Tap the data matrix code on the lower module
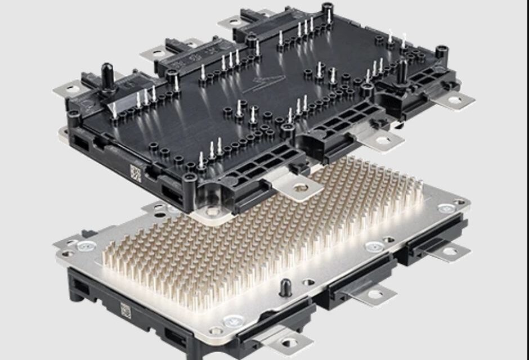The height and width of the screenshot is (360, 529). (125, 309)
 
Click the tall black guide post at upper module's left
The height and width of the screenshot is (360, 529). (105, 74)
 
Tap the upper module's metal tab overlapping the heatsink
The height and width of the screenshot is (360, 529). (297, 188)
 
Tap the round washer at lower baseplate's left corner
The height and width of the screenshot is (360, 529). (86, 246)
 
